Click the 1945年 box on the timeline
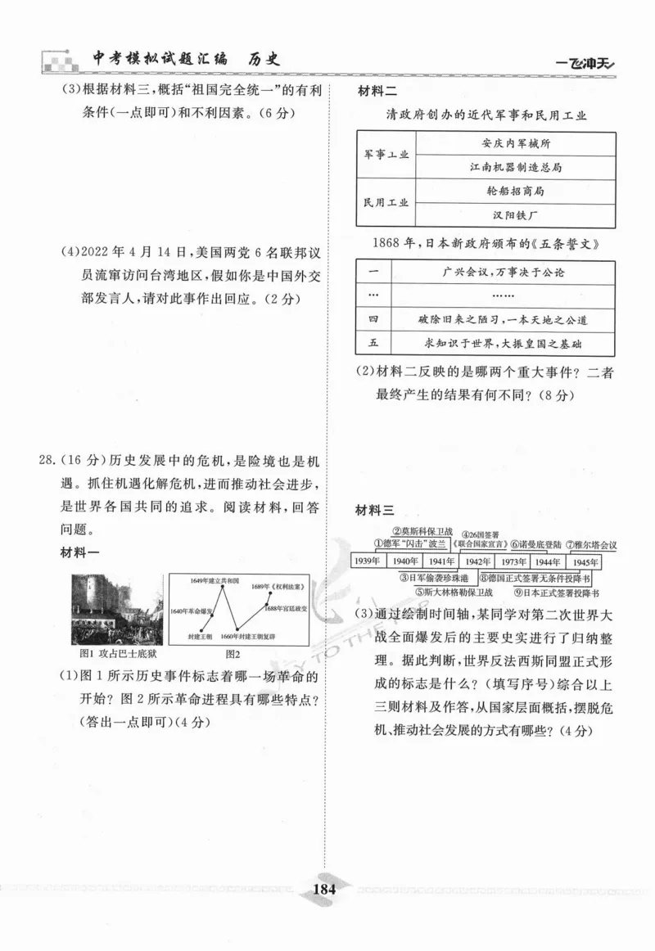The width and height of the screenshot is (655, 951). coord(583,561)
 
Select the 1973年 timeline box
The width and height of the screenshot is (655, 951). coord(511,561)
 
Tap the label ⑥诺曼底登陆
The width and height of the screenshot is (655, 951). coord(536,543)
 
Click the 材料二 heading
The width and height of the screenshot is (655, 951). coord(377,92)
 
